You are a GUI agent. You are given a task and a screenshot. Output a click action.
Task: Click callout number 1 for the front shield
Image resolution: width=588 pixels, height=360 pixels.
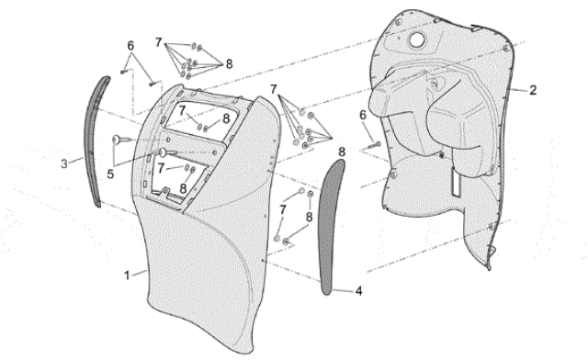coord(127,276)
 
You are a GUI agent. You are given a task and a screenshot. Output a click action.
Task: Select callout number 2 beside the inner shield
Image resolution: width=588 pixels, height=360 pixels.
coord(533,90)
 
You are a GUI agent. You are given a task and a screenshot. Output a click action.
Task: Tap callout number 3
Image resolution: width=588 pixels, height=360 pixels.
coord(64,163)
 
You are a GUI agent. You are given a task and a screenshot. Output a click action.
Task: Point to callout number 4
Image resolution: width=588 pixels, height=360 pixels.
coord(358,290)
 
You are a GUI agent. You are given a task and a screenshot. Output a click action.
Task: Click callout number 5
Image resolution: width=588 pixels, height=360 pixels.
coord(110,174)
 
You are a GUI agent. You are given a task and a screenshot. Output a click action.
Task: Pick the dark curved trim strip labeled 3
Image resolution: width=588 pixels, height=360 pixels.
coord(95,141)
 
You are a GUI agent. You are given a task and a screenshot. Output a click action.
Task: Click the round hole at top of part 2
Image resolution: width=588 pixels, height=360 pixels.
coord(416,39)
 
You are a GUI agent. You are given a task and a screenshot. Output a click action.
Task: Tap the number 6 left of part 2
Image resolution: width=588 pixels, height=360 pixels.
coord(363,115)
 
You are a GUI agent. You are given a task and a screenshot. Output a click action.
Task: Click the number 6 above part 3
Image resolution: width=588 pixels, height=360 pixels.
coord(130,46)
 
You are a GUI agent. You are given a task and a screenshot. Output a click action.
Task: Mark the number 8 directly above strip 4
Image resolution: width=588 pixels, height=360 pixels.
coord(341,152)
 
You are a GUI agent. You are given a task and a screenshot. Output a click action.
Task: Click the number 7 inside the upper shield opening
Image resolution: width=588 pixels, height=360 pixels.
coord(182,110)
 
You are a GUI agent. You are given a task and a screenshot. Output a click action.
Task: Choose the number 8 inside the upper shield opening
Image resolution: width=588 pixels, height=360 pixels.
coord(225,118)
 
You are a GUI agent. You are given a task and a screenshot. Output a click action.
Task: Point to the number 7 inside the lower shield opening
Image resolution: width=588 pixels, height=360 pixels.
coord(161,168)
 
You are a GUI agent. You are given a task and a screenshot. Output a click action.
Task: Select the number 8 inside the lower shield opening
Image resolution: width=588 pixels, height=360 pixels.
coord(183,188)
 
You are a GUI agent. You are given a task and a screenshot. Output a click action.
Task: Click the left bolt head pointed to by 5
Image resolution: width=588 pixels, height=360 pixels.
coord(116,140)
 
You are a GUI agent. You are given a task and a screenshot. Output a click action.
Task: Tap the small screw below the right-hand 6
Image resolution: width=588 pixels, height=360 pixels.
coord(374,145)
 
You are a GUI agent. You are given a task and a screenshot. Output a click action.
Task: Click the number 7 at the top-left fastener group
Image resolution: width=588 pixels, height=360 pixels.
coord(158,43)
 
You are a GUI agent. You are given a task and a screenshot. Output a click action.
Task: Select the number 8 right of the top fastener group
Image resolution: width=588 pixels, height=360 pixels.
coord(229,64)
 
